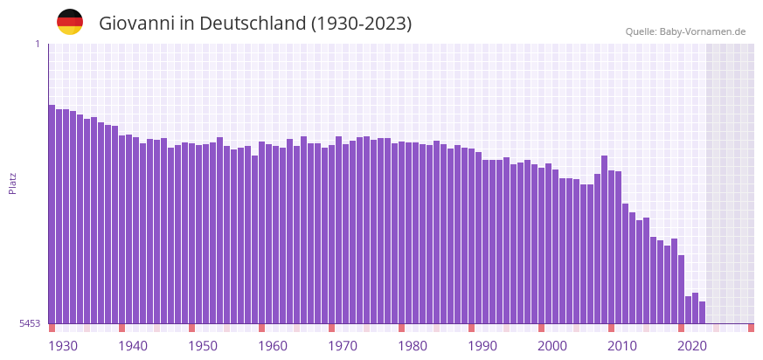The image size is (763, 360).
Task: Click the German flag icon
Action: click(x=70, y=22)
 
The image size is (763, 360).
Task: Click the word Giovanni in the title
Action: click(x=136, y=24)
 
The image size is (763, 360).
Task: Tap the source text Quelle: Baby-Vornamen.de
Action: click(x=685, y=31)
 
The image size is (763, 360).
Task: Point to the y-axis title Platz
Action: click(x=13, y=183)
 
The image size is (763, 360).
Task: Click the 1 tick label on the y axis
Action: click(x=37, y=44)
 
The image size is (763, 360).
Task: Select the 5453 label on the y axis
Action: click(x=30, y=323)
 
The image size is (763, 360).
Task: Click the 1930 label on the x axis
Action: click(x=63, y=346)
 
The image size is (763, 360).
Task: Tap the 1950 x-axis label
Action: click(x=203, y=346)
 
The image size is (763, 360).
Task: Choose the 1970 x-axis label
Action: click(x=343, y=346)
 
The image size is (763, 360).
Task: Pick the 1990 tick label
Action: click(x=482, y=346)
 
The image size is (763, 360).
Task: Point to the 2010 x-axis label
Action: click(x=622, y=346)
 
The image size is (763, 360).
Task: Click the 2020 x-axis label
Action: click(x=692, y=346)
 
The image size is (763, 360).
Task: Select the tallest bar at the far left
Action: click(x=52, y=214)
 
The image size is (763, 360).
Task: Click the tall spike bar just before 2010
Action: click(x=604, y=239)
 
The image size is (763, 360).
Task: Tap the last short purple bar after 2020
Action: click(x=702, y=312)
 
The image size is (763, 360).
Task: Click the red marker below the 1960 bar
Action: click(x=261, y=328)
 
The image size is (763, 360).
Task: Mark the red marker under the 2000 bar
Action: click(x=541, y=328)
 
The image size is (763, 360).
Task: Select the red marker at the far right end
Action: click(x=751, y=328)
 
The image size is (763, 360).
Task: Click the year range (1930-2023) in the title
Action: click(x=361, y=24)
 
